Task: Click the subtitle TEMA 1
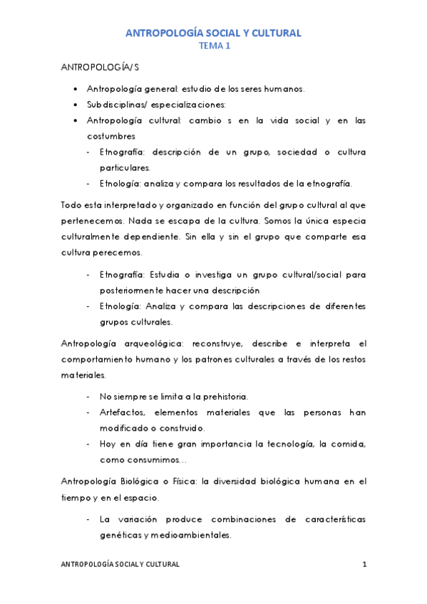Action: tap(213, 46)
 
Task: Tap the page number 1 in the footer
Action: tap(364, 564)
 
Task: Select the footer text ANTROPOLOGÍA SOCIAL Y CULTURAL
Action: tap(120, 564)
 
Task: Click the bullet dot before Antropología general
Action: tap(76, 89)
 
